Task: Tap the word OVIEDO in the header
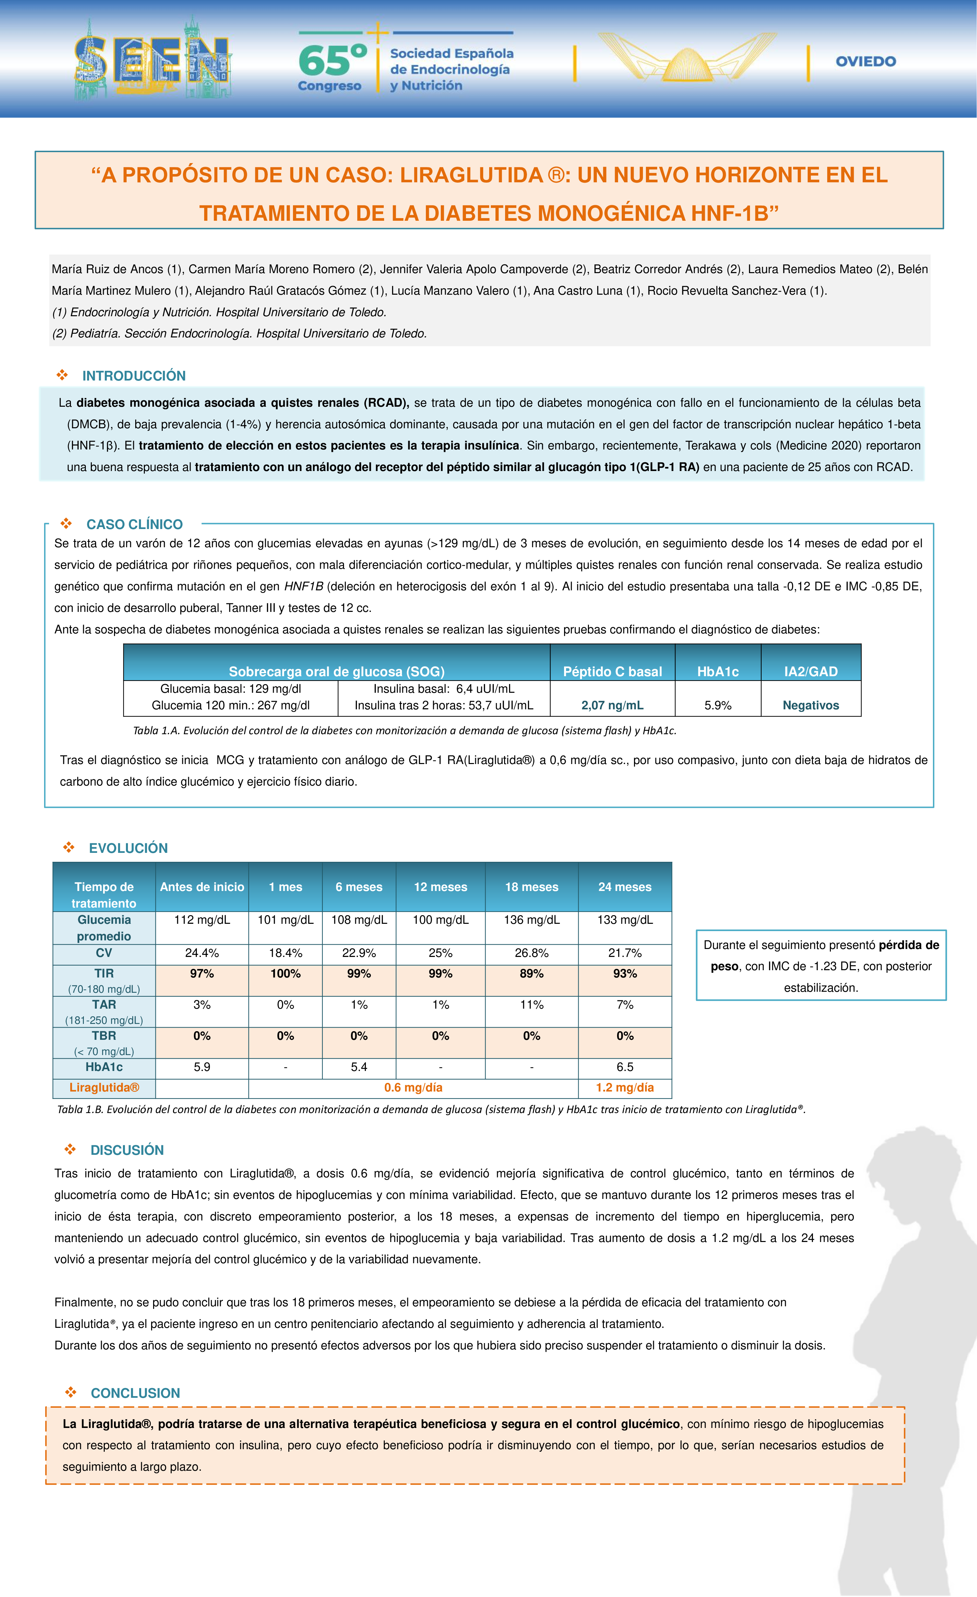click(x=866, y=62)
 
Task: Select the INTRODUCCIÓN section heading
click(x=134, y=376)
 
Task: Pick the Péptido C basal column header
click(x=612, y=672)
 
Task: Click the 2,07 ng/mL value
click(x=612, y=705)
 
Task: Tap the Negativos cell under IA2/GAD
click(x=811, y=705)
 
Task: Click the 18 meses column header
click(x=531, y=887)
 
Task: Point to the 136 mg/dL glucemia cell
click(x=531, y=920)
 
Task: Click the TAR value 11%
click(x=531, y=1005)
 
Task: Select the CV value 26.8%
click(x=531, y=953)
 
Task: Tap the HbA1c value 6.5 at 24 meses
click(x=625, y=1067)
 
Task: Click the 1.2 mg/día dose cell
click(x=625, y=1088)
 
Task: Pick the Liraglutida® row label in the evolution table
click(x=104, y=1088)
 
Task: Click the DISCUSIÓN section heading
click(x=127, y=1150)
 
